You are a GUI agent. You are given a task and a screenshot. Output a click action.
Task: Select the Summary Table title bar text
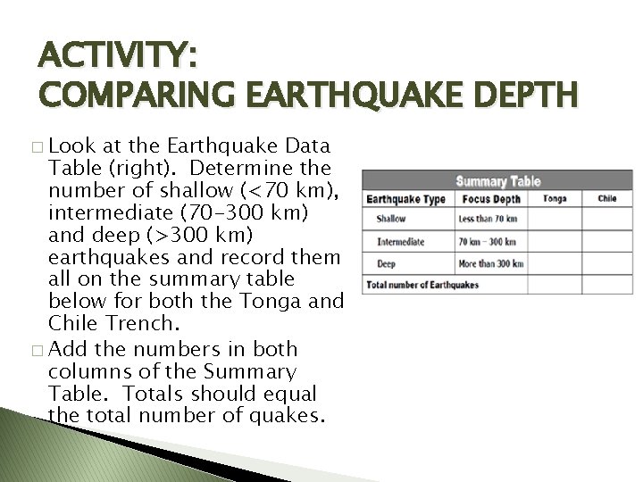click(x=497, y=181)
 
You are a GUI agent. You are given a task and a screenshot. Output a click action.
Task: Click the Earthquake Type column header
click(x=405, y=199)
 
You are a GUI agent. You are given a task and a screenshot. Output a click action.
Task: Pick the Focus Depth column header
click(x=491, y=199)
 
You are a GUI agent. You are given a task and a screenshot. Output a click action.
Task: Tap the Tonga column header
click(x=555, y=199)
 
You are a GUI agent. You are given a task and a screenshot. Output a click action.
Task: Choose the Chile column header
click(x=607, y=199)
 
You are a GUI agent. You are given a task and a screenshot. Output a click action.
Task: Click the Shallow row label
click(x=391, y=219)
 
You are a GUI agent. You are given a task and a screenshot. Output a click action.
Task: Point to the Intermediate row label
click(x=400, y=241)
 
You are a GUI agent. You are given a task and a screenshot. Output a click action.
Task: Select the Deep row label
click(x=387, y=263)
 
